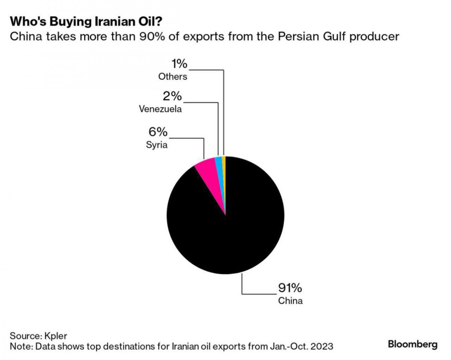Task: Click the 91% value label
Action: pyautogui.click(x=290, y=289)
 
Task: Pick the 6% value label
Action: pyautogui.click(x=157, y=132)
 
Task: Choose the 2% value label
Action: pyautogui.click(x=172, y=97)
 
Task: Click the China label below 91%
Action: pyautogui.click(x=290, y=301)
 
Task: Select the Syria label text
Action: pyautogui.click(x=157, y=145)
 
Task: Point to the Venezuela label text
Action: pyautogui.click(x=160, y=109)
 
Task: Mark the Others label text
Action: pyautogui.click(x=173, y=77)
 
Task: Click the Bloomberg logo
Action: pyautogui.click(x=413, y=344)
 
